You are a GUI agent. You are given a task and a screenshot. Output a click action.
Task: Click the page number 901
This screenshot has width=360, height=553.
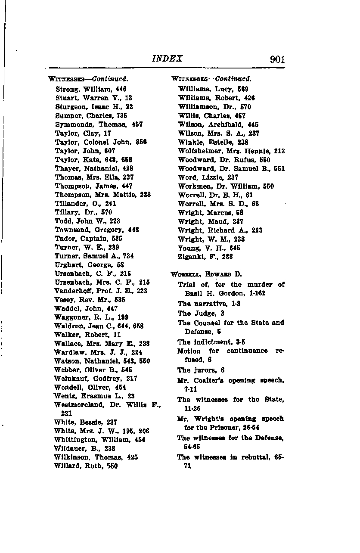point(277,59)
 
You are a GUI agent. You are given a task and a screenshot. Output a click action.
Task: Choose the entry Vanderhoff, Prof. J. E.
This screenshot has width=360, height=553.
point(101,291)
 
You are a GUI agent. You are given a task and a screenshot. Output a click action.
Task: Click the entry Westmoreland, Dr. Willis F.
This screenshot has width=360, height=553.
point(107,405)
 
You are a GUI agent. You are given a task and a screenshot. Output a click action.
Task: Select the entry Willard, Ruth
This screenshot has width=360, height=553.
point(86,466)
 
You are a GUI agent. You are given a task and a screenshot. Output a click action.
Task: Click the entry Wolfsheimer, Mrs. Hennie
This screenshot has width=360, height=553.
point(231,151)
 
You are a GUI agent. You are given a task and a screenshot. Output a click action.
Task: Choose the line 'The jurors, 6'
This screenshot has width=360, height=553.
point(201,370)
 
